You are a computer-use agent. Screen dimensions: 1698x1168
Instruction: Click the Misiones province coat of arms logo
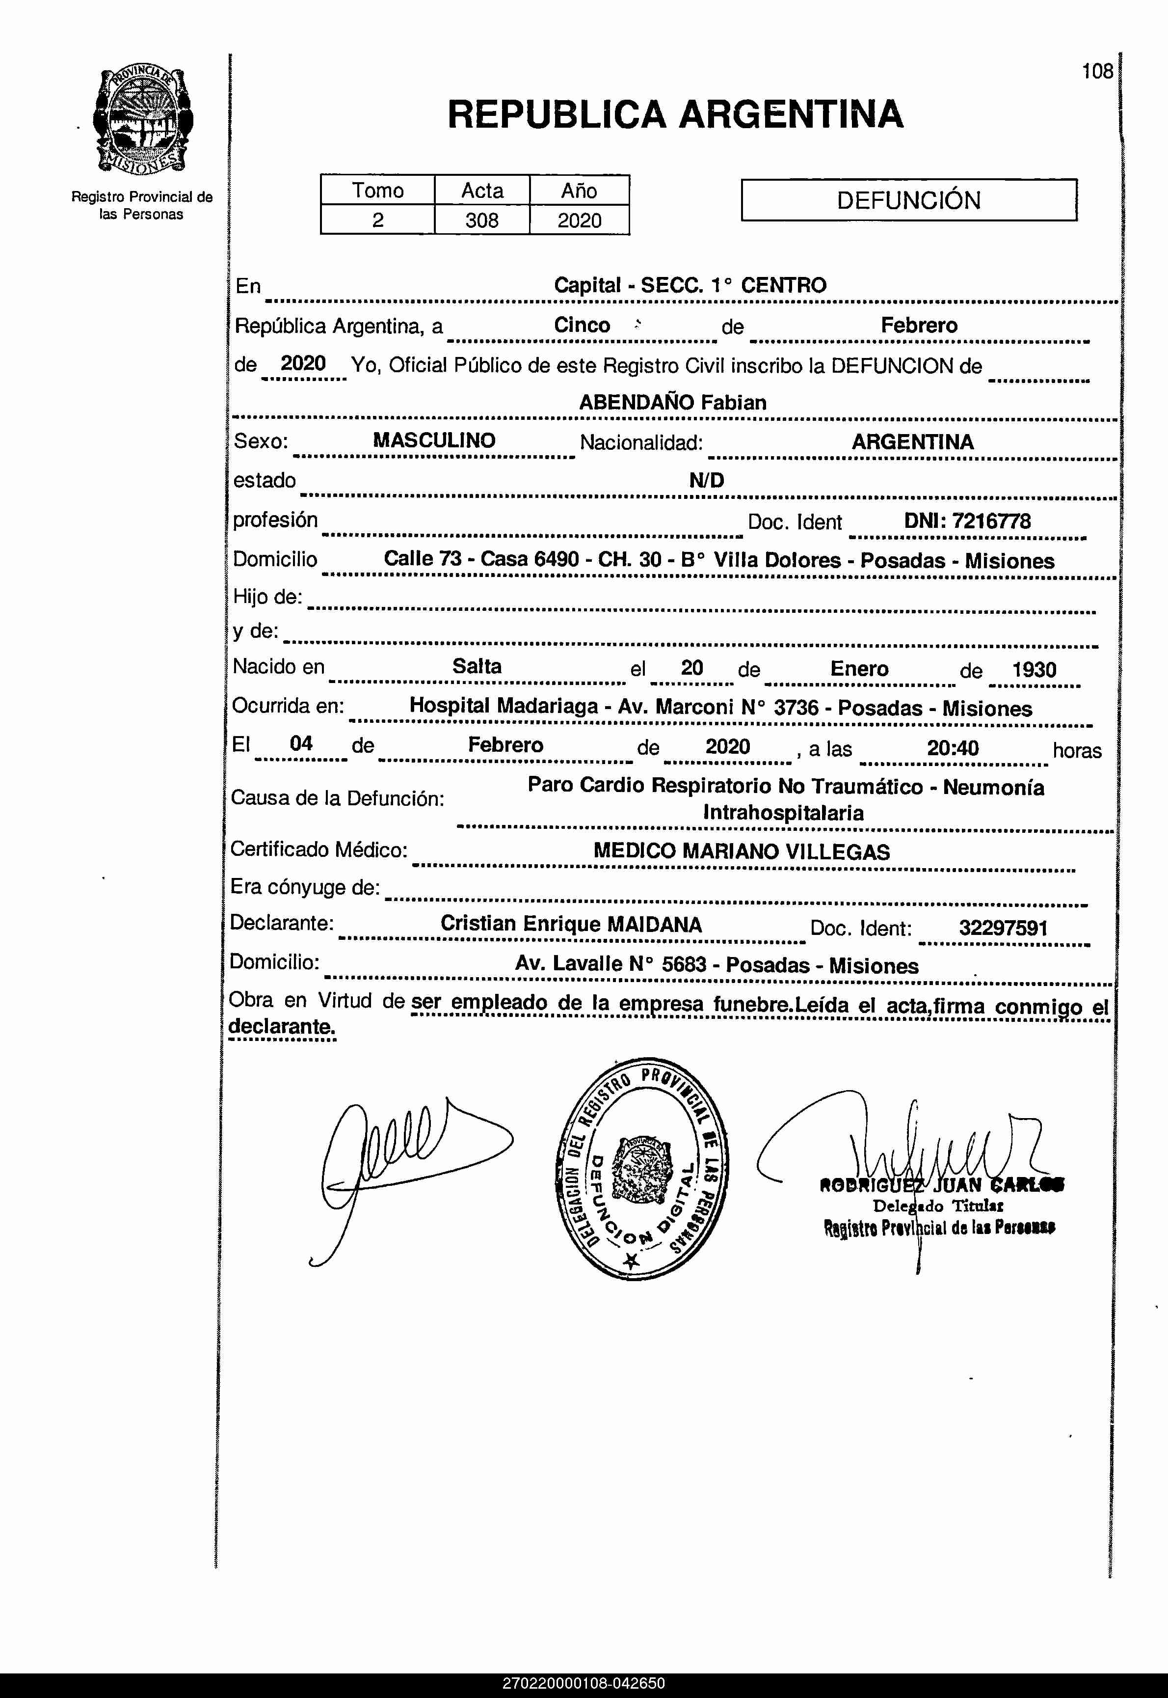pos(143,121)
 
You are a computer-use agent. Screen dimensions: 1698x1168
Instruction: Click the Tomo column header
pos(377,191)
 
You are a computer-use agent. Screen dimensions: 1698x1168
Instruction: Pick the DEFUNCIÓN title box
pos(908,200)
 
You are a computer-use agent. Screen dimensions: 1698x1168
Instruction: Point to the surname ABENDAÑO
pos(636,402)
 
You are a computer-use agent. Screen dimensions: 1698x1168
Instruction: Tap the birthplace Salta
pos(477,666)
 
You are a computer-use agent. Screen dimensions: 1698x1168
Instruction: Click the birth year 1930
pos(1034,669)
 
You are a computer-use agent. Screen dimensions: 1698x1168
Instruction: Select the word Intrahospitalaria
pos(783,813)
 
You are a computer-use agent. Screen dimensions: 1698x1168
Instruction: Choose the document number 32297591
pos(1003,929)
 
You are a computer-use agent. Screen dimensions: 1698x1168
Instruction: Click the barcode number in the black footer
pos(584,1683)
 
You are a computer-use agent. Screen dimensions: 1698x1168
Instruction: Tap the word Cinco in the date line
pos(582,325)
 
